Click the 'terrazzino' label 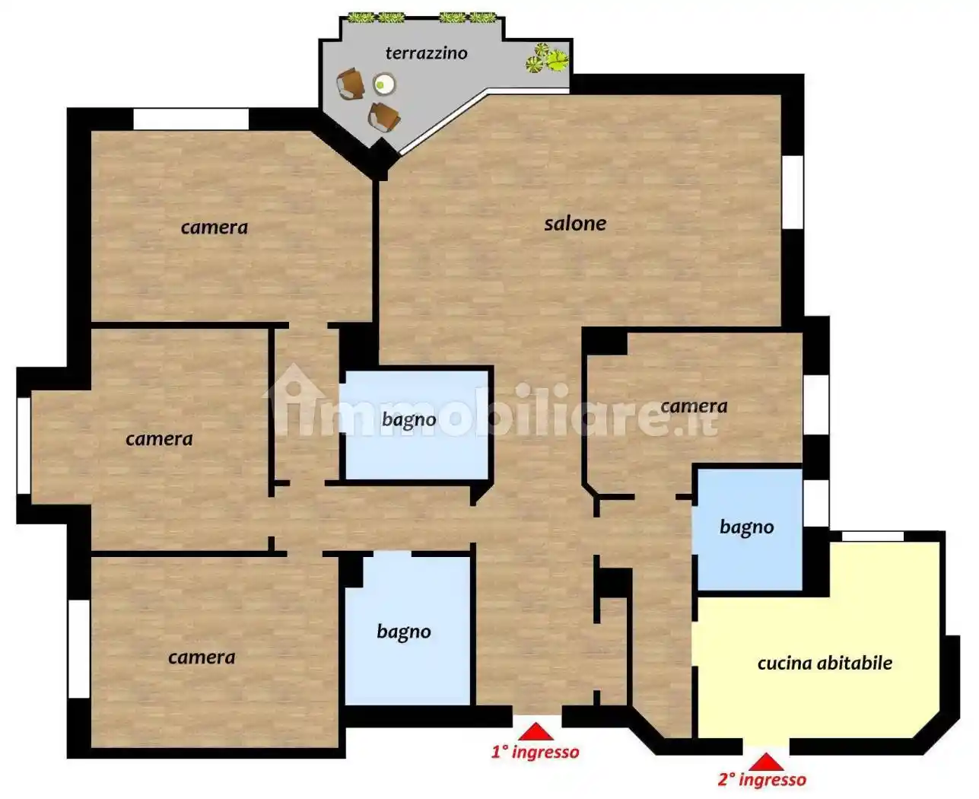(x=426, y=53)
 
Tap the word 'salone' (x=575, y=223)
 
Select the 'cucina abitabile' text (x=825, y=663)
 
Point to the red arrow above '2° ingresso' (x=766, y=762)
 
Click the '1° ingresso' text (x=536, y=752)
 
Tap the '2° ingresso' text (x=761, y=780)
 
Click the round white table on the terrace (x=384, y=84)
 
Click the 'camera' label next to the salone (x=694, y=406)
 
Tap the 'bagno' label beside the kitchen (x=747, y=527)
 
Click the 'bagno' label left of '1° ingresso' (x=404, y=632)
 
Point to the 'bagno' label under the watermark (x=409, y=420)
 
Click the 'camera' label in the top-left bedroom (x=214, y=228)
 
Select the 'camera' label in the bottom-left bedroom (x=202, y=657)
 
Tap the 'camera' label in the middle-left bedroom (x=159, y=439)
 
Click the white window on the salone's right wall (x=793, y=193)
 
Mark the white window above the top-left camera (x=191, y=119)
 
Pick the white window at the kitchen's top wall (x=873, y=536)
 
